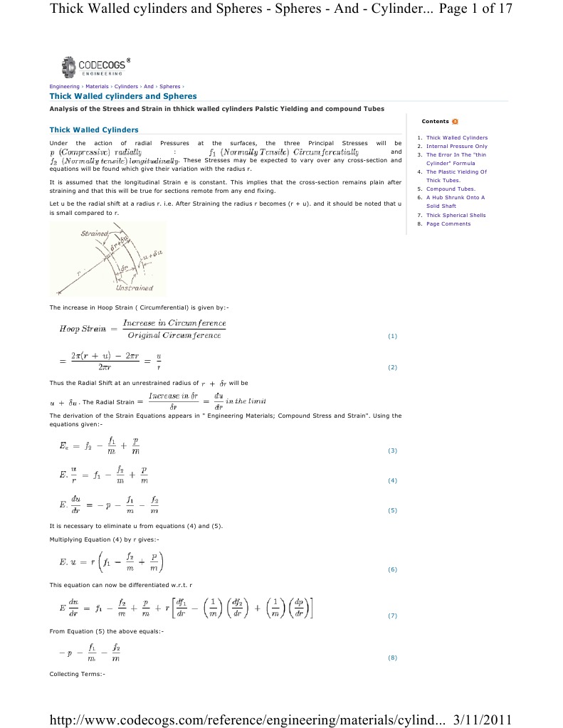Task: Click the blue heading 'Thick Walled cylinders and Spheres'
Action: (x=122, y=96)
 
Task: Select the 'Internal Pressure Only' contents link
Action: (x=456, y=146)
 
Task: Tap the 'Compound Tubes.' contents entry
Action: (x=451, y=189)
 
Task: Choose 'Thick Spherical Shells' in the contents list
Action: (x=456, y=215)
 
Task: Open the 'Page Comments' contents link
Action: (x=448, y=223)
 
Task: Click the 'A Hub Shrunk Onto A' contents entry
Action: (x=455, y=197)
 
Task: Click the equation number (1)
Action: (x=392, y=335)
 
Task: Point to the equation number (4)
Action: (x=392, y=480)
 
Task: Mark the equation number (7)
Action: (x=392, y=616)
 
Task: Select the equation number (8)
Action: (x=392, y=658)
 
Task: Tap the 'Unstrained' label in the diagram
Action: (x=130, y=289)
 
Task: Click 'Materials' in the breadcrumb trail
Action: (x=97, y=86)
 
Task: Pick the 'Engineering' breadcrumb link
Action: (x=64, y=86)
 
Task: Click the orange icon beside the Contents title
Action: (x=455, y=122)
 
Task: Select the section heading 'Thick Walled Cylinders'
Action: (x=93, y=130)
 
